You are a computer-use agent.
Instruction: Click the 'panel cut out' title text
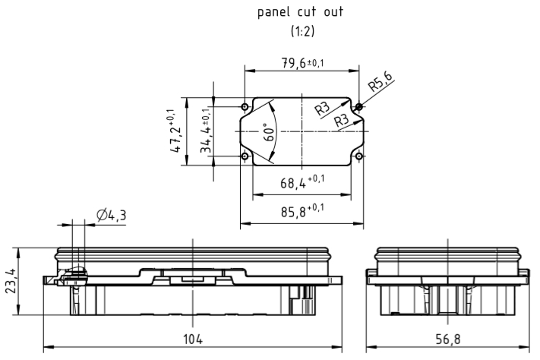(300, 13)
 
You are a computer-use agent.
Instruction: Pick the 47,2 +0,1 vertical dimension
(175, 131)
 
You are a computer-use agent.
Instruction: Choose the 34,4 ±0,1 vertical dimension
(206, 131)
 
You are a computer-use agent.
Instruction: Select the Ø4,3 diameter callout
(112, 216)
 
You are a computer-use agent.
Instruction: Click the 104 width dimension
(193, 339)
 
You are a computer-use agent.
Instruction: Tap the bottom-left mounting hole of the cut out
(245, 156)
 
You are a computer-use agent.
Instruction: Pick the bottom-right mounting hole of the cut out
(358, 156)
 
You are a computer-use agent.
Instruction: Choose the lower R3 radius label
(341, 119)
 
